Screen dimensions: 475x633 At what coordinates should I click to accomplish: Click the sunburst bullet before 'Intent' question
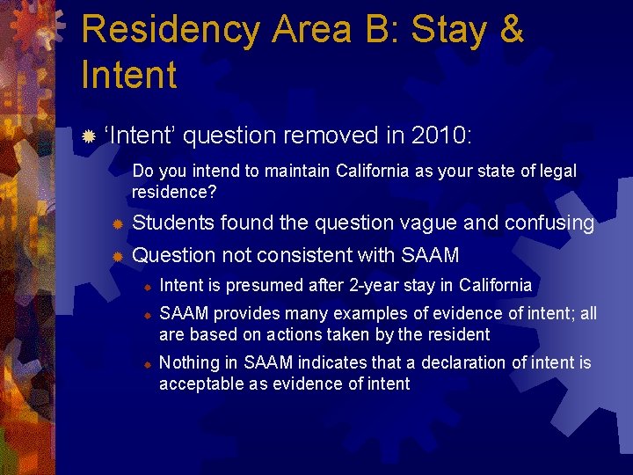pyautogui.click(x=87, y=136)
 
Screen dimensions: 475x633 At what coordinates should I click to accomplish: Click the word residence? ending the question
pyautogui.click(x=174, y=191)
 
